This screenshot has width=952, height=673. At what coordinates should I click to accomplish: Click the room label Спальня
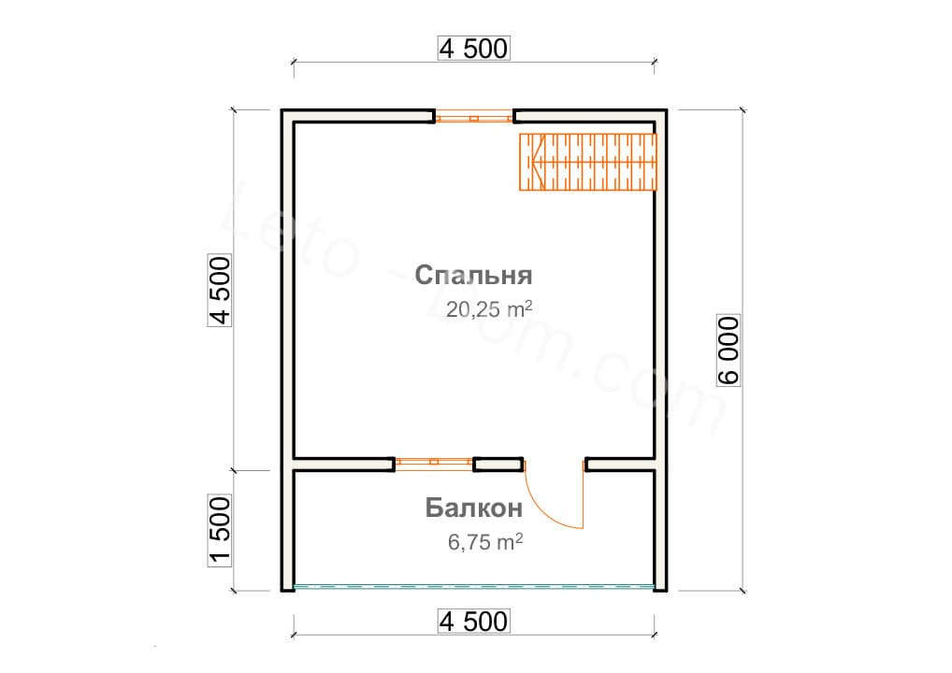click(473, 276)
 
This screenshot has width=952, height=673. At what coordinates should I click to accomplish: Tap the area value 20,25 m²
click(489, 308)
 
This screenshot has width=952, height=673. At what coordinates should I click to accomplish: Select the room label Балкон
click(473, 508)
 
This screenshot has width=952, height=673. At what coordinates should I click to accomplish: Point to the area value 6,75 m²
click(485, 541)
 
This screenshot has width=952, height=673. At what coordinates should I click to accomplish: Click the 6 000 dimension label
click(728, 351)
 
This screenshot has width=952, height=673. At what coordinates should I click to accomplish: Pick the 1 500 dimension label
click(220, 531)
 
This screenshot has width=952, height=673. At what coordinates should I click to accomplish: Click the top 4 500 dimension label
click(473, 49)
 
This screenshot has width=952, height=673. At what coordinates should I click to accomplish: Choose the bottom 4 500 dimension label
click(473, 622)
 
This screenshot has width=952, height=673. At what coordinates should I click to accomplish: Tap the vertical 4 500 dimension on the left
click(220, 291)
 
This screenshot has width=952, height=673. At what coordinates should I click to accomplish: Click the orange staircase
click(587, 162)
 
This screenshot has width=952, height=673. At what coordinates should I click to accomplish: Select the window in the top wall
click(474, 117)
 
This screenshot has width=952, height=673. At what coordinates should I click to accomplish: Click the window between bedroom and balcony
click(434, 465)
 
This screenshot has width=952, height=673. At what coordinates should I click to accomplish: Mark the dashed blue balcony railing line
click(473, 587)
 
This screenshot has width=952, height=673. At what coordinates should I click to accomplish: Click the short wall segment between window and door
click(498, 465)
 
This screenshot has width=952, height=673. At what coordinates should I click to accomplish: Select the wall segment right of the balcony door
click(621, 465)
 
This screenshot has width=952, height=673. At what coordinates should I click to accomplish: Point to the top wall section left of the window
click(358, 116)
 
